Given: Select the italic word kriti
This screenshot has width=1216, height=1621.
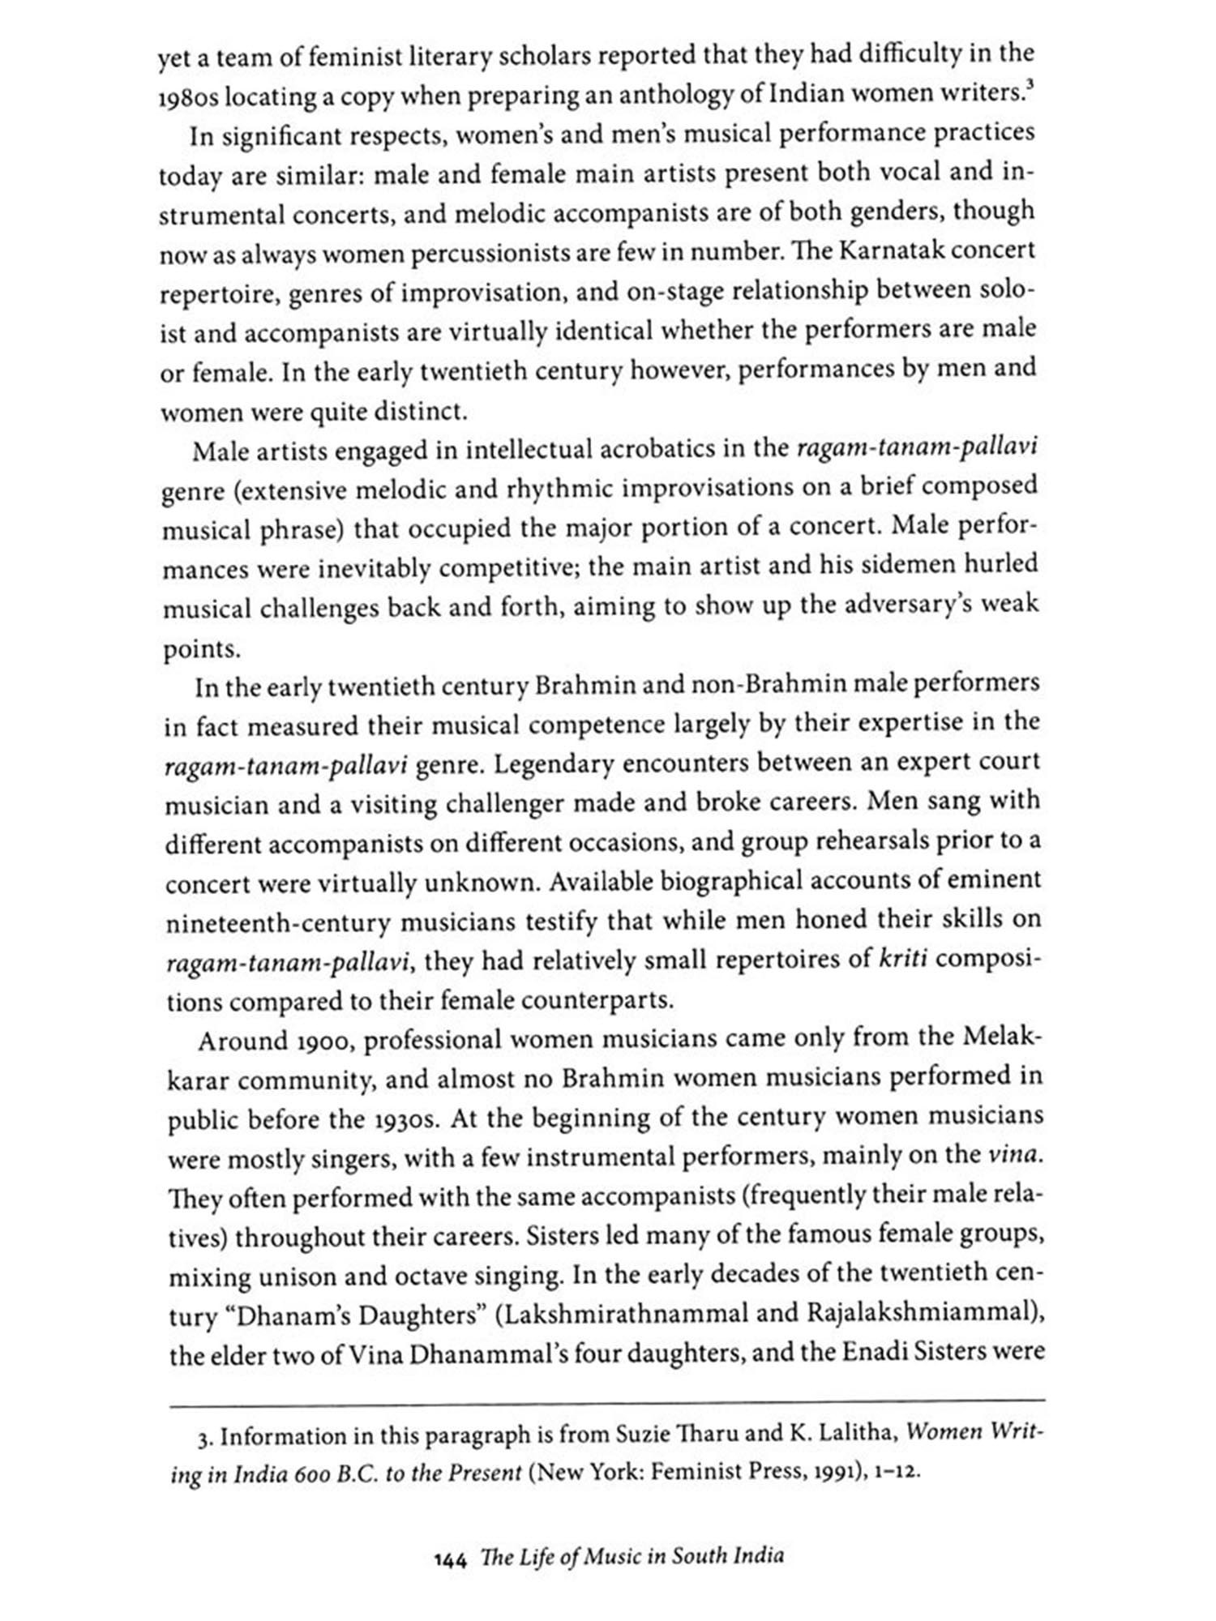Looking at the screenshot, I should (903, 960).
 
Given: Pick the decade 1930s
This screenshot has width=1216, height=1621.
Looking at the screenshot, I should (399, 1120).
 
